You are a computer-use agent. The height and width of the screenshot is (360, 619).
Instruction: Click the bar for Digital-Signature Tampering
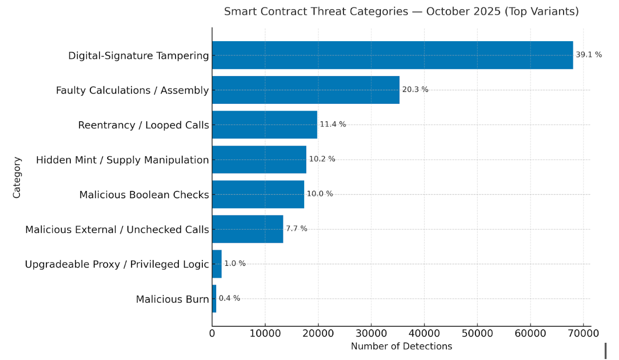pos(392,55)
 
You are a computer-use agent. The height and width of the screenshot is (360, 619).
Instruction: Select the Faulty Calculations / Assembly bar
pos(306,90)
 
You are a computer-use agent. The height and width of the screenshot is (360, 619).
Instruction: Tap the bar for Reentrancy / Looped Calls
pos(265,125)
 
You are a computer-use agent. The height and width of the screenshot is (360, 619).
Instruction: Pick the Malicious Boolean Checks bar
pos(258,194)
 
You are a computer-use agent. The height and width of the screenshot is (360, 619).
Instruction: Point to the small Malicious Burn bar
pos(214,299)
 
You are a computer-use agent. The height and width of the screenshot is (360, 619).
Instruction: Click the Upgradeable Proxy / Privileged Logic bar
pos(217,264)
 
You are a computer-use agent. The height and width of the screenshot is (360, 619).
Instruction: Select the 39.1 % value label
pos(588,55)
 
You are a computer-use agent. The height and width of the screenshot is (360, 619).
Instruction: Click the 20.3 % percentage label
pos(415,90)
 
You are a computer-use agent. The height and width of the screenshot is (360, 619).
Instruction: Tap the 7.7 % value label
pos(296,229)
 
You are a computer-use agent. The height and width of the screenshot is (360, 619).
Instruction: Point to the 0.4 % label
pos(229,298)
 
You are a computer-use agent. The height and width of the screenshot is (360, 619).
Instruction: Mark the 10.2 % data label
pos(322,159)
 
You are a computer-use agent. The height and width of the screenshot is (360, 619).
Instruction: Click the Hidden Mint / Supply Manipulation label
pos(122,160)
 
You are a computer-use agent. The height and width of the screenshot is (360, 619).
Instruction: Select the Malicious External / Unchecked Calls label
pos(117,230)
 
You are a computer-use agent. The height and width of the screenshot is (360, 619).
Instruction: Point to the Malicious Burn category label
pos(172,300)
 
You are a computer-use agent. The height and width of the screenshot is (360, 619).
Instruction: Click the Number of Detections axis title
pos(401,346)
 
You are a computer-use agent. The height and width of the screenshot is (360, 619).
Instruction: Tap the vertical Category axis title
pos(17,177)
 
